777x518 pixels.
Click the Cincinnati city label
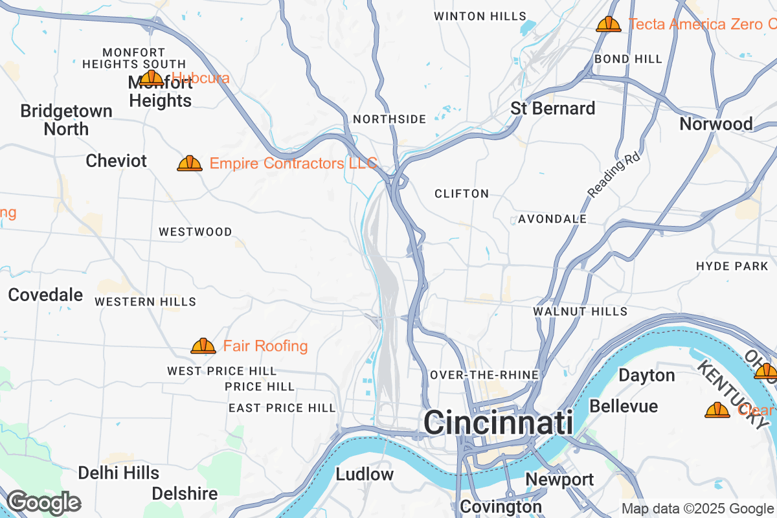498,423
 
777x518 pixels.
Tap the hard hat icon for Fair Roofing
203,346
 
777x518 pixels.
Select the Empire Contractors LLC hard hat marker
190,163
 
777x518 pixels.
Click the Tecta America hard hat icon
609,25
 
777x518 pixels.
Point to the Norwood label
715,124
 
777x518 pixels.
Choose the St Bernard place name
552,108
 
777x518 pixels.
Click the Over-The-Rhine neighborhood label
484,375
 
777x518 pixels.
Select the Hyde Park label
732,266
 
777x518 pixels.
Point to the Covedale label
45,295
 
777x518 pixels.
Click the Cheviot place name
117,161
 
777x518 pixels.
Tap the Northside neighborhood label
389,119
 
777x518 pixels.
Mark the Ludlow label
365,474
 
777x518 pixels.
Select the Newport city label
559,479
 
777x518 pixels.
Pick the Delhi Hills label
118,473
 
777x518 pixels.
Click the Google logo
43,502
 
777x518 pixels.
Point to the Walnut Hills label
580,311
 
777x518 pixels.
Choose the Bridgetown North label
66,120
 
